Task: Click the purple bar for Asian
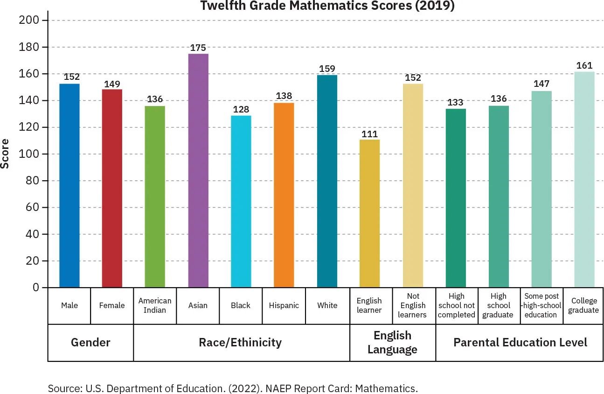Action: tap(198, 170)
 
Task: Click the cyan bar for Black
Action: tap(241, 201)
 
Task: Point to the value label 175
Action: tap(198, 48)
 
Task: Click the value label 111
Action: tap(369, 134)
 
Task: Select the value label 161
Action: tap(584, 65)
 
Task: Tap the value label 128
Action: tap(241, 110)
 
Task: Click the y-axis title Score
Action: tap(5, 154)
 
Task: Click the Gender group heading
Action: tap(90, 343)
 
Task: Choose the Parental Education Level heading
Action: tap(520, 343)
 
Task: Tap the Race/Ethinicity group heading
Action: tap(240, 343)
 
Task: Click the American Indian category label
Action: tap(155, 305)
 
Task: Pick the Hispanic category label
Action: tap(284, 305)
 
